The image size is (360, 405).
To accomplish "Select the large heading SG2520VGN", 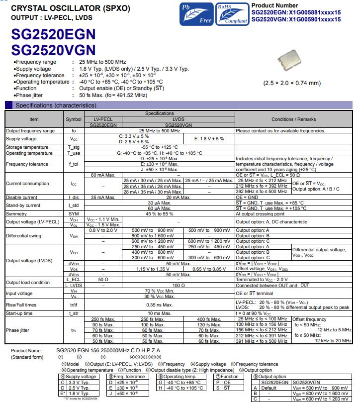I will (x=53, y=50).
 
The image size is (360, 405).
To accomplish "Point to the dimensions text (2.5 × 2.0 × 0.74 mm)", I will (x=292, y=83).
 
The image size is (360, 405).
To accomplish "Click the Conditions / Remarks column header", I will (x=293, y=119).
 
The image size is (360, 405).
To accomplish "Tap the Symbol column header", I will (x=74, y=119).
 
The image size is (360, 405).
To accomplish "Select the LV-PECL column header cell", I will (x=103, y=119).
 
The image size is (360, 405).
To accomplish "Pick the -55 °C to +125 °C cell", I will (x=159, y=147).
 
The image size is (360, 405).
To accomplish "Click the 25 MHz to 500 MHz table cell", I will (x=159, y=131).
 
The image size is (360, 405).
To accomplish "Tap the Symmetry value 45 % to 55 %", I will (x=159, y=213).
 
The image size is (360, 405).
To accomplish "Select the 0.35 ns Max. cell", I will (x=159, y=304).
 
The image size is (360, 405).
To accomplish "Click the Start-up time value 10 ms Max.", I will (x=159, y=313).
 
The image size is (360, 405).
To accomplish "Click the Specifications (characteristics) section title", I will (x=56, y=105).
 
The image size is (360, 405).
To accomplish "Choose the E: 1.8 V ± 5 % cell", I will (x=209, y=139).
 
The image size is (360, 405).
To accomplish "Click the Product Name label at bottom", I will (x=26, y=351).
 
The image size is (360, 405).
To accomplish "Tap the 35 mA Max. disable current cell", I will (x=103, y=197).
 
